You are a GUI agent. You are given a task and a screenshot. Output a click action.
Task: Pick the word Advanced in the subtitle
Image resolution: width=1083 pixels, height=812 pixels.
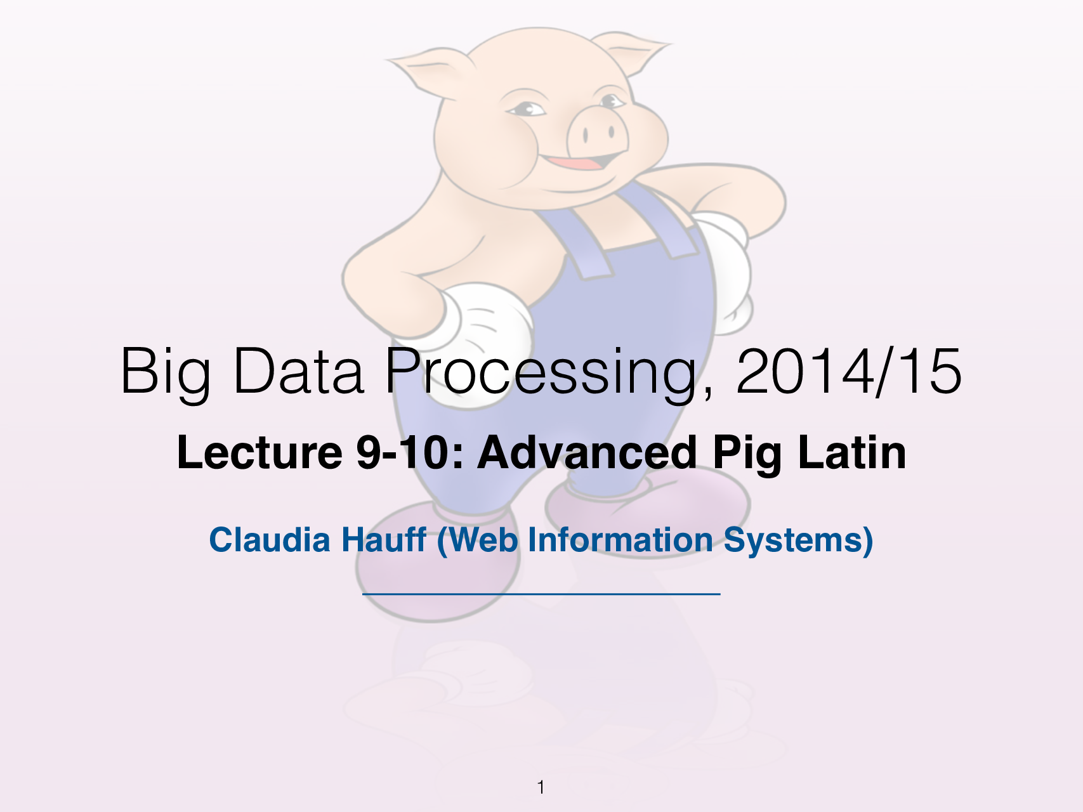click(587, 453)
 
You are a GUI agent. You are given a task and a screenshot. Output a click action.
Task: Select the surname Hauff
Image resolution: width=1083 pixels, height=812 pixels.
click(384, 540)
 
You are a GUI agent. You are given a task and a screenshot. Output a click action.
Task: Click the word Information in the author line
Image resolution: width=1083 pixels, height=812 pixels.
click(620, 540)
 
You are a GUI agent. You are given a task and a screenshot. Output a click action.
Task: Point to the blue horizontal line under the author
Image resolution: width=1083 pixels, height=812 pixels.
click(541, 594)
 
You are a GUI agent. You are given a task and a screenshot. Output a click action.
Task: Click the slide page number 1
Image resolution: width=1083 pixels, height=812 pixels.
click(541, 787)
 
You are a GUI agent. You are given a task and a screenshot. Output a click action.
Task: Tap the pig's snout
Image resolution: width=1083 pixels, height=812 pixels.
click(596, 133)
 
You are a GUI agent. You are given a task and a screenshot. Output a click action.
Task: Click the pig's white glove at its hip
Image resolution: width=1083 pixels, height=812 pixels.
click(489, 324)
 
